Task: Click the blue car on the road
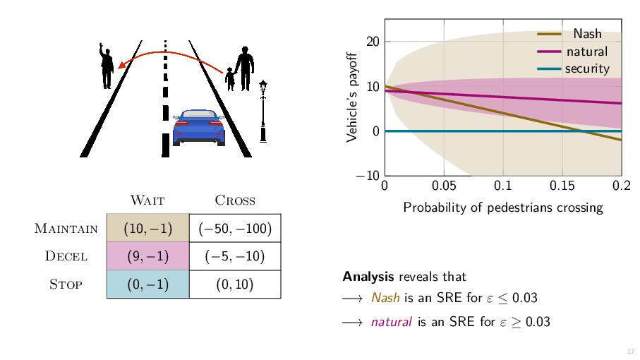tap(198, 127)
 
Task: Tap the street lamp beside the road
tap(263, 110)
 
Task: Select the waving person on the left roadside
tap(107, 66)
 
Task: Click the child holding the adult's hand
tap(230, 80)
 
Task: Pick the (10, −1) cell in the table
tap(147, 229)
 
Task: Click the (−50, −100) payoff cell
tap(235, 229)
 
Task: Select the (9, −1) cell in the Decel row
tap(147, 256)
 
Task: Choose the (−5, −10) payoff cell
tap(235, 256)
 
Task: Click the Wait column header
tap(147, 200)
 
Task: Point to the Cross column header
tap(234, 200)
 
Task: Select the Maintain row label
tap(66, 229)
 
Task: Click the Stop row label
tap(66, 284)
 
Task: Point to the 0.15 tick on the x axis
tap(562, 186)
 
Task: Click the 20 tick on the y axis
tap(373, 41)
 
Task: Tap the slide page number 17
tap(631, 352)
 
